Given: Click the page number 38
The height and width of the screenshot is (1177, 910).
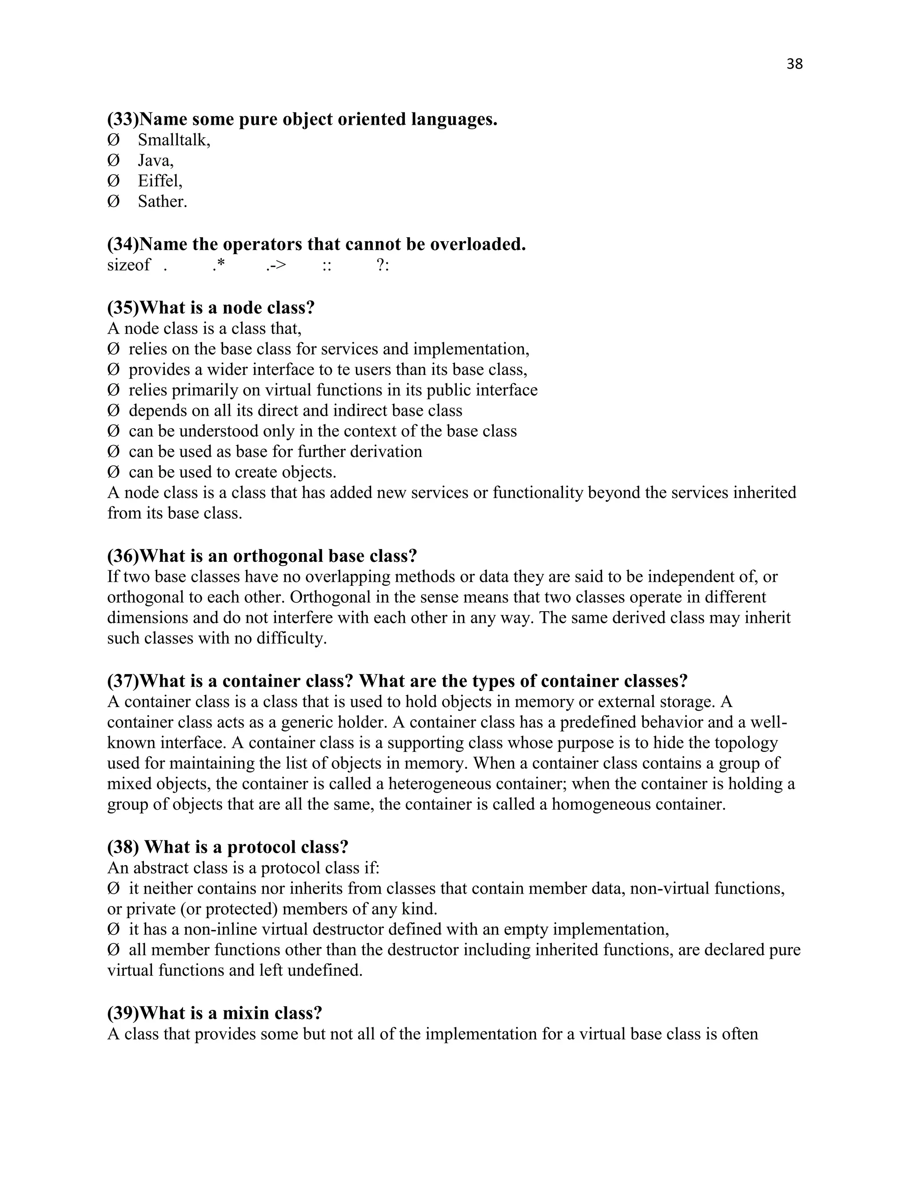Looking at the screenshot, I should click(794, 64).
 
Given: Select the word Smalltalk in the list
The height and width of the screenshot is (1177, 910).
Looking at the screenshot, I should click(172, 140).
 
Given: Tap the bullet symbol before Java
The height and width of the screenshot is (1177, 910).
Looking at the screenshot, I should click(113, 161).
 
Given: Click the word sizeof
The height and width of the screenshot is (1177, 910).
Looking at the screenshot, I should click(128, 265).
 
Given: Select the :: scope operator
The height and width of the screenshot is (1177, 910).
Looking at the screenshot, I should click(326, 265).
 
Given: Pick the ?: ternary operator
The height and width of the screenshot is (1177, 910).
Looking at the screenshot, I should click(382, 265).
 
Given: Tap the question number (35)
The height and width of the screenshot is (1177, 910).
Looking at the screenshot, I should click(123, 308).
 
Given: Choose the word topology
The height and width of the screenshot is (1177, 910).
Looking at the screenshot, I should click(746, 743).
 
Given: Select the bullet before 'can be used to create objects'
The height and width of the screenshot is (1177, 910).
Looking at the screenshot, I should click(113, 472).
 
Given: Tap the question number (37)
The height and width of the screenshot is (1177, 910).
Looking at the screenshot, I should click(123, 681).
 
